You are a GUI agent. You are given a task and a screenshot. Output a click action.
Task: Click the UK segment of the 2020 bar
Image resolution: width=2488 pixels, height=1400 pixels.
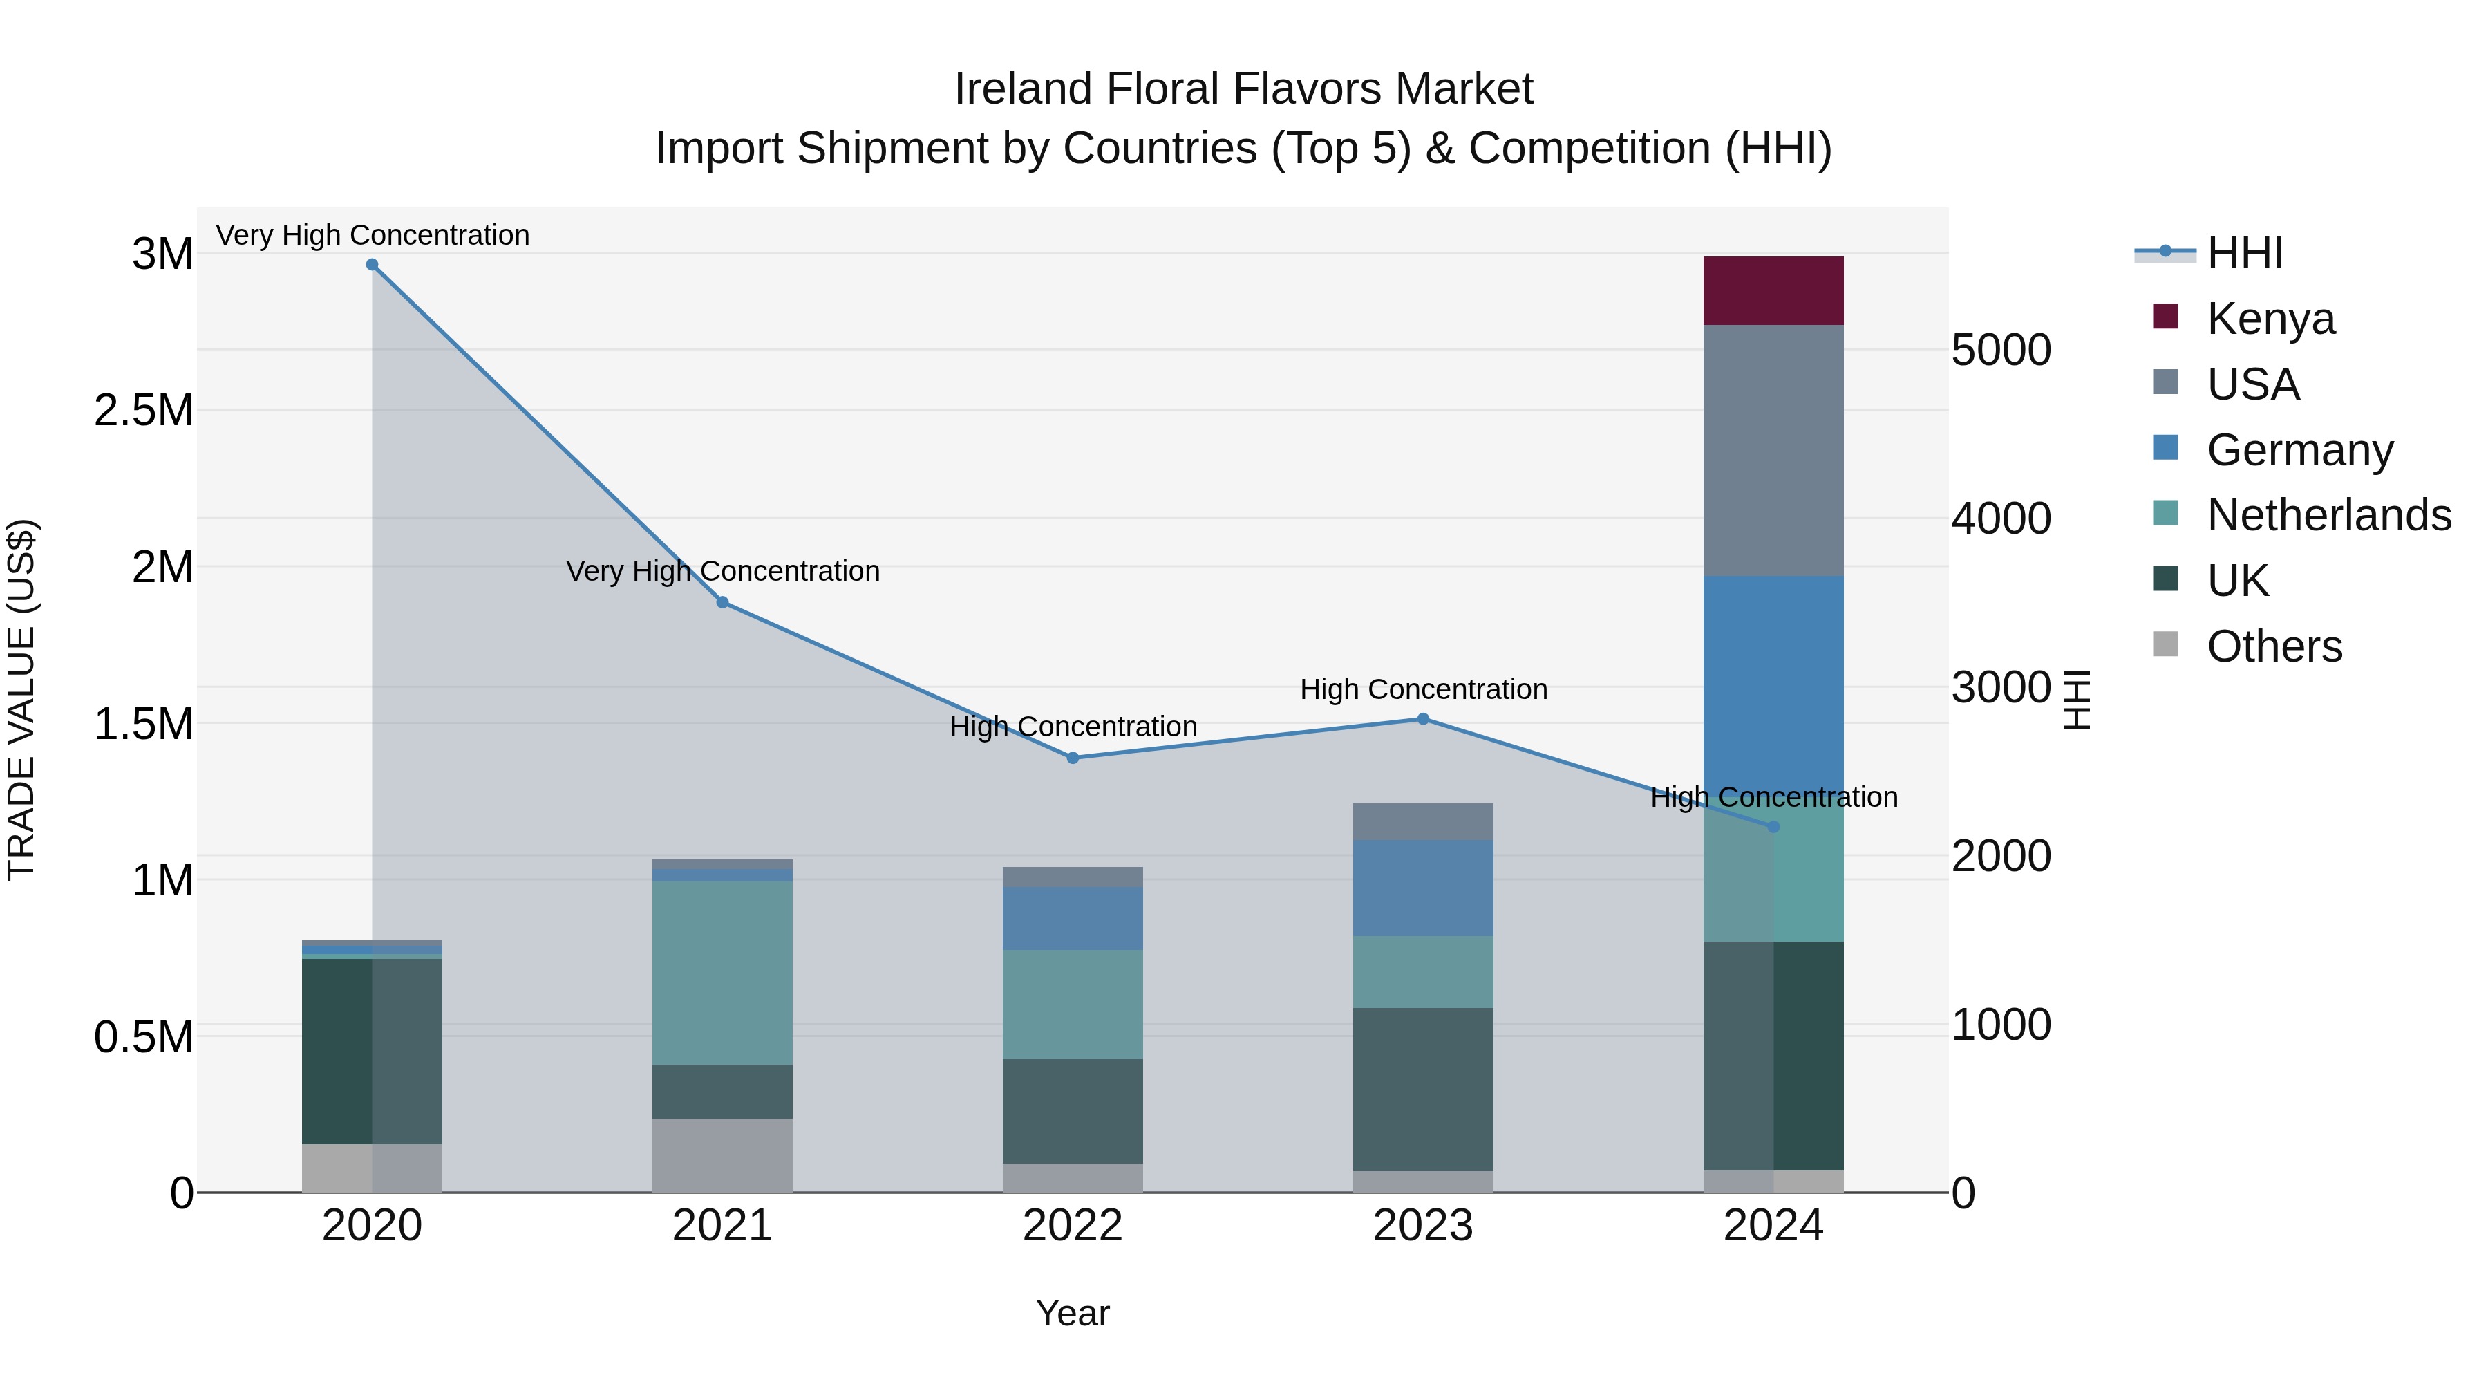372,1050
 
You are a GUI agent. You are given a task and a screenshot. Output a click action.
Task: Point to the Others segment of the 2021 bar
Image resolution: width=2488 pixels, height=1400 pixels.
722,1155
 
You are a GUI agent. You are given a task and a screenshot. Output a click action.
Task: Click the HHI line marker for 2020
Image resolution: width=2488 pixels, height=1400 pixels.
372,265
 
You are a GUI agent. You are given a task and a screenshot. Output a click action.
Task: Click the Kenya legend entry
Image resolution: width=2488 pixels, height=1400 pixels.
2270,318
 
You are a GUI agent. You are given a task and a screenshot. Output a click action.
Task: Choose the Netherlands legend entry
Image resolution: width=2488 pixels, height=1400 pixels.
2328,515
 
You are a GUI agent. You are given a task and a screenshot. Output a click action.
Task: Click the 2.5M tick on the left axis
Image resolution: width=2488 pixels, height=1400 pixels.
143,411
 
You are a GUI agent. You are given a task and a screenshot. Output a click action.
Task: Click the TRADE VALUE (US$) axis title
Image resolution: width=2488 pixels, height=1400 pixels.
21,700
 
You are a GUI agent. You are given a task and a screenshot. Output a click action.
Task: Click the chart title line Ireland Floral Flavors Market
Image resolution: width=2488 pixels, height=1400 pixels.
1243,89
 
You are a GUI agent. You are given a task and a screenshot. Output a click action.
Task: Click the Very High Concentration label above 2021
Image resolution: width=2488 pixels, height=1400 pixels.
722,571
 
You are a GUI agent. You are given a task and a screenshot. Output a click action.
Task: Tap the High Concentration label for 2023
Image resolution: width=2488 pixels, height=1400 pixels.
1423,690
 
